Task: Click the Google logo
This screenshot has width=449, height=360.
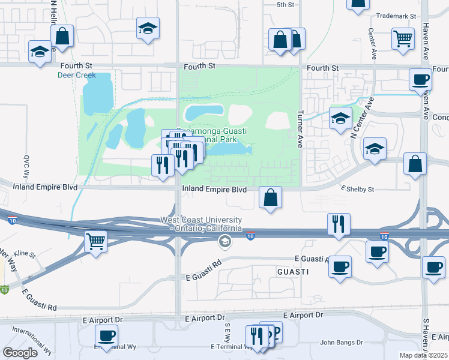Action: (20, 353)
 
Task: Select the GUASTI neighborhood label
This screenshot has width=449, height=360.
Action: (293, 272)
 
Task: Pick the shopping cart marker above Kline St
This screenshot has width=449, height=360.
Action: (95, 241)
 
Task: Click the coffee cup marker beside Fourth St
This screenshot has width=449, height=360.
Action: (420, 79)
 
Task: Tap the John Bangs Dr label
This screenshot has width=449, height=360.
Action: (342, 343)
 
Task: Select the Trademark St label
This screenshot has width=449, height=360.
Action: (396, 16)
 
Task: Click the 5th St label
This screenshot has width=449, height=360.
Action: (285, 5)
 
